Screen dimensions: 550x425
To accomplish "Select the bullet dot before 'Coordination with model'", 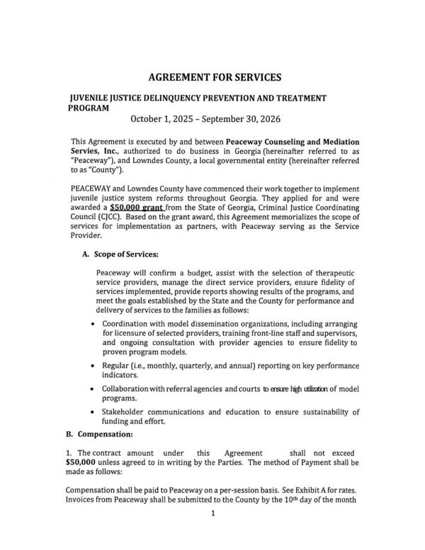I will [96, 323].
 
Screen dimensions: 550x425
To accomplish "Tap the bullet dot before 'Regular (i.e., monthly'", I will [96, 365].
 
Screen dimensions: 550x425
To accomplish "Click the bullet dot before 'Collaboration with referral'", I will [96, 390].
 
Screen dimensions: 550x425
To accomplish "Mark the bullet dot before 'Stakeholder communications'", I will [96, 411].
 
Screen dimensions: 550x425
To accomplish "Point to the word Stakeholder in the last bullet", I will [127, 411].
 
